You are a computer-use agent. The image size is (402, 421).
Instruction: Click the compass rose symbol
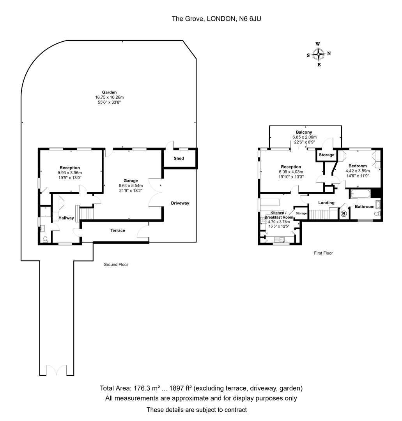319,54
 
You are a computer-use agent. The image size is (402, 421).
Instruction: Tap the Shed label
179,158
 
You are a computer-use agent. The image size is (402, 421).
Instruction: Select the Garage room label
131,181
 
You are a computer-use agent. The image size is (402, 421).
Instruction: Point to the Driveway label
180,203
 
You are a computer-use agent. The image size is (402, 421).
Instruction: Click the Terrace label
118,230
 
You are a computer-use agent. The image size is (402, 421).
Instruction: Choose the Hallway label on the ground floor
66,218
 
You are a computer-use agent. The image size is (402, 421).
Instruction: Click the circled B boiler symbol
344,214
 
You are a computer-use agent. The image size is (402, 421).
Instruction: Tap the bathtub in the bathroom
360,193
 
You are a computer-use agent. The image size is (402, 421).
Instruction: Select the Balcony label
304,132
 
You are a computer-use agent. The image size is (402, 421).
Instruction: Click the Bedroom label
358,166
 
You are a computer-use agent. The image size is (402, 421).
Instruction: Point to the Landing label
326,203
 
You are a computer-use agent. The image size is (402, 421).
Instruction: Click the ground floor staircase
87,214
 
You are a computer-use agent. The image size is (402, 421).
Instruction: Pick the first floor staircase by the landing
323,214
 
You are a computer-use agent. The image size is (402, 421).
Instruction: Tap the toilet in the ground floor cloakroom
45,239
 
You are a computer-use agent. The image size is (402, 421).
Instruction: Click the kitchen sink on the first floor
280,239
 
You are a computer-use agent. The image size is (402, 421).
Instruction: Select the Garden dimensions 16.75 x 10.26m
110,97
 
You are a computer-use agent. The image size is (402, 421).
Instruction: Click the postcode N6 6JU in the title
250,19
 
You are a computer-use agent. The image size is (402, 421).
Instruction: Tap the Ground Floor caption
116,264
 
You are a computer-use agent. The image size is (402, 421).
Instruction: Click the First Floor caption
323,253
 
